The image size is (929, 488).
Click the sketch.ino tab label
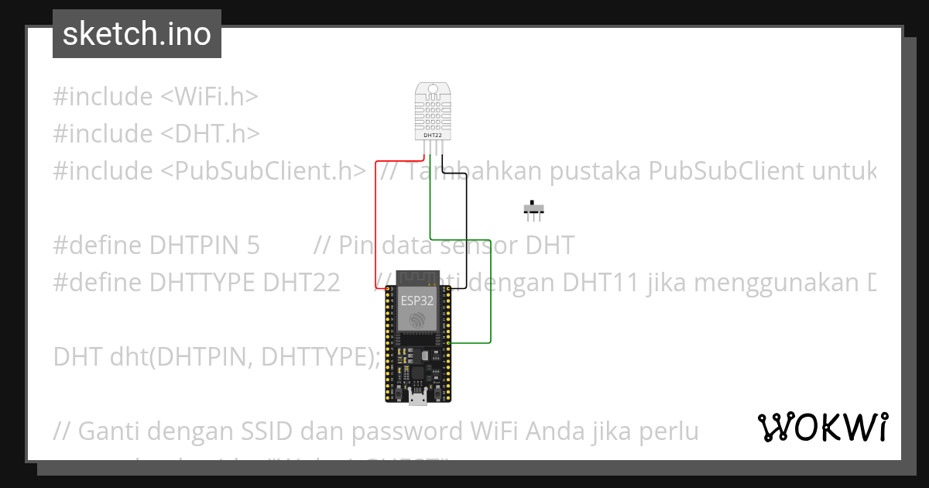pyautogui.click(x=137, y=34)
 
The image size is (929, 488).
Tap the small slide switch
pyautogui.click(x=533, y=209)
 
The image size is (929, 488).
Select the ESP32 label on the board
pyautogui.click(x=417, y=300)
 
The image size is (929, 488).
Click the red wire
pyautogui.click(x=375, y=225)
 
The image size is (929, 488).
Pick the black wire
pyautogui.click(x=466, y=232)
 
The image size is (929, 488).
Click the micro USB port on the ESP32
pyautogui.click(x=417, y=398)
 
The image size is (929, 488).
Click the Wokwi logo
pyautogui.click(x=822, y=427)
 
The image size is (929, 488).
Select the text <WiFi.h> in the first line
pyautogui.click(x=209, y=97)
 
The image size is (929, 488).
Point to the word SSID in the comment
pyautogui.click(x=257, y=430)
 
